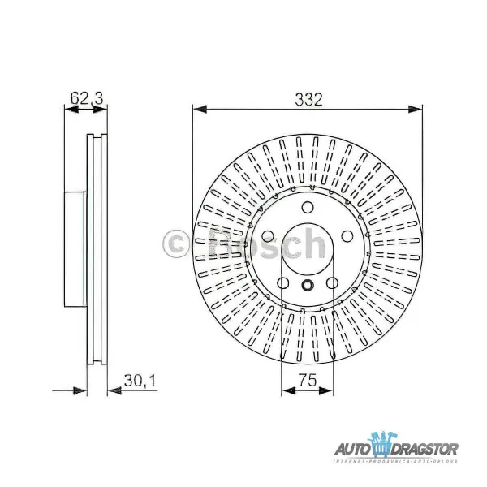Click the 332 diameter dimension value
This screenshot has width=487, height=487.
click(308, 101)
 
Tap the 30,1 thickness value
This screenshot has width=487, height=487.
click(138, 378)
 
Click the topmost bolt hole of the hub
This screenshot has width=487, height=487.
click(308, 206)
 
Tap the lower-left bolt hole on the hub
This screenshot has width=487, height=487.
click(283, 283)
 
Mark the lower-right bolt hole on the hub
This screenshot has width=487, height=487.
click(333, 283)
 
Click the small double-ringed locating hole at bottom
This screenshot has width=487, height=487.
click(308, 285)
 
